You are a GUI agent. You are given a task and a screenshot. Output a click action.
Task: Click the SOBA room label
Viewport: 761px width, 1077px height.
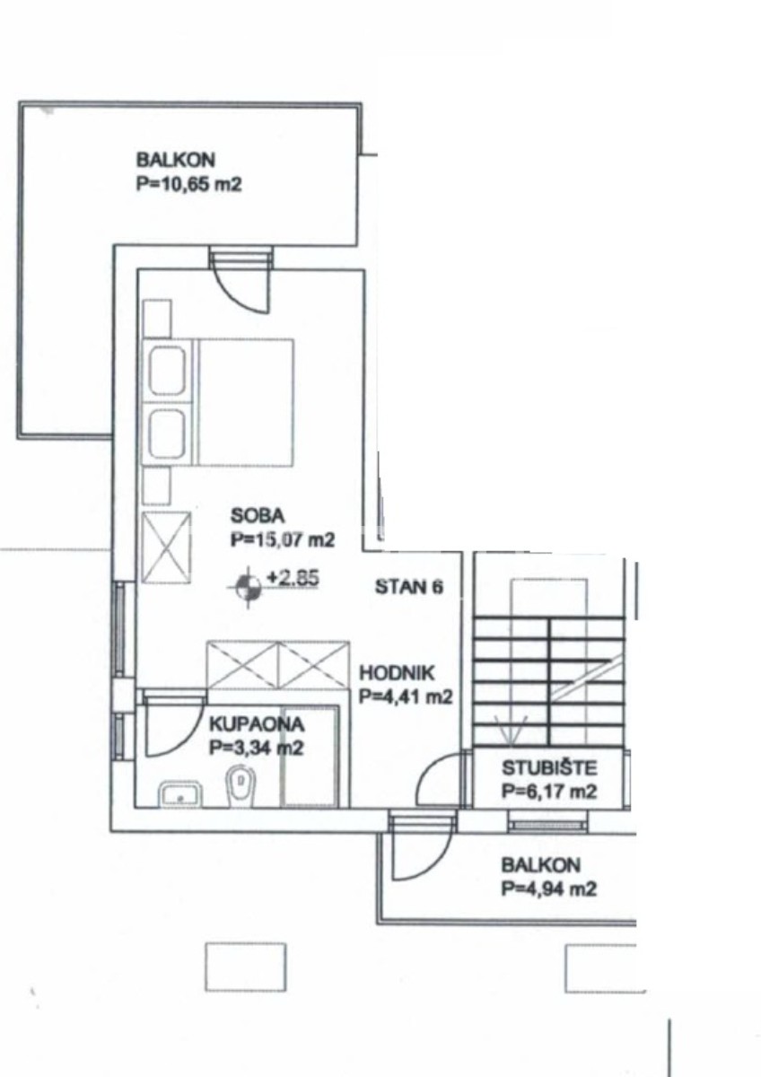258,516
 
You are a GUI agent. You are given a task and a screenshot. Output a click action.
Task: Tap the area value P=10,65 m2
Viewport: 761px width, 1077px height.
189,184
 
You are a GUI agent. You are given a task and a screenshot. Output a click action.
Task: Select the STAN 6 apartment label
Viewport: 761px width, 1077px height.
408,587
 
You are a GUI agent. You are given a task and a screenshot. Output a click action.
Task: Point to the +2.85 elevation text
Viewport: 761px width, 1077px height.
293,577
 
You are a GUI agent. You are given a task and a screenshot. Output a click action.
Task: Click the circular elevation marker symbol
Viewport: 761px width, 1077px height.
248,588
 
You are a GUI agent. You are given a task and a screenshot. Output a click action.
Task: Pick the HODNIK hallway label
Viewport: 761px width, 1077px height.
397,673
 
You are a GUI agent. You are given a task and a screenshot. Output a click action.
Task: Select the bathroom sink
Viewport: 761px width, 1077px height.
180,795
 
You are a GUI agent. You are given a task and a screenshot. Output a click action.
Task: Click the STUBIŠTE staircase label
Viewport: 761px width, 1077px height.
549,768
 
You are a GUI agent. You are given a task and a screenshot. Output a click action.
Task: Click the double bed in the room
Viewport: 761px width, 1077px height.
217,402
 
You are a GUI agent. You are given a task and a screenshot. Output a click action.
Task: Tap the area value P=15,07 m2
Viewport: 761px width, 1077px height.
282,540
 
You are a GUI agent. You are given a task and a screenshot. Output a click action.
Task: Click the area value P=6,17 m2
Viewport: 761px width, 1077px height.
549,791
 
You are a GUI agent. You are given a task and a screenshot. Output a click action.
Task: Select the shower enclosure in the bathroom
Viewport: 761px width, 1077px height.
310,757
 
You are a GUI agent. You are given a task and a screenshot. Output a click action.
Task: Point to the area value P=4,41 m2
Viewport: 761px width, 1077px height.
406,696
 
